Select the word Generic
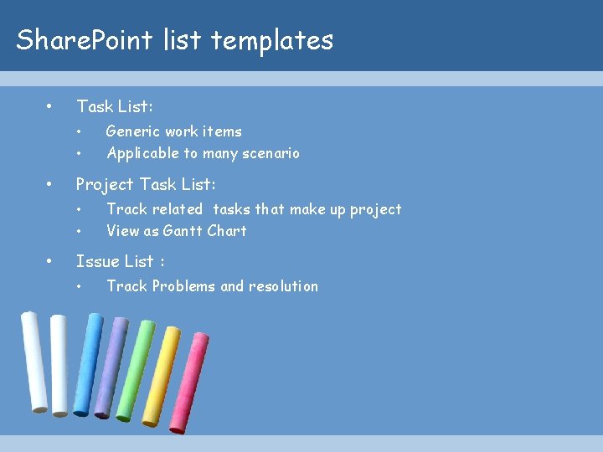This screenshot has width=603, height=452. [133, 131]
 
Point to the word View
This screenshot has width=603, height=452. [122, 231]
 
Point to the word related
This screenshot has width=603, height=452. [178, 209]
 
